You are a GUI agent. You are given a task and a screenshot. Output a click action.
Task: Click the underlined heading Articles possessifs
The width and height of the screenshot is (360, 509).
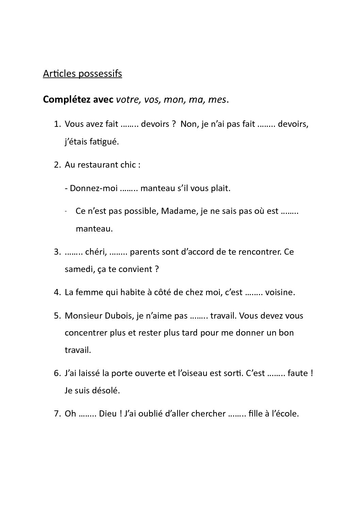82,73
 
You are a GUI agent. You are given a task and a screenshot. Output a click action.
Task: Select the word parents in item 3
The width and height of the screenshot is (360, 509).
146,252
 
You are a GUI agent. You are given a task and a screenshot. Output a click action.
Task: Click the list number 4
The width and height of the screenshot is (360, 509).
57,292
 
